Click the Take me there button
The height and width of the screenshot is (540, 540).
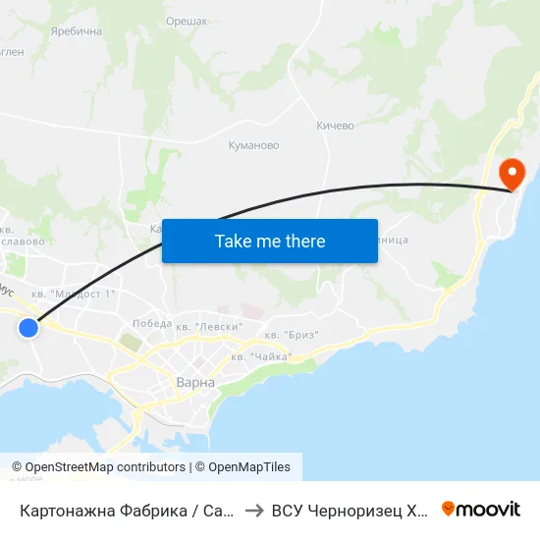pos(270,241)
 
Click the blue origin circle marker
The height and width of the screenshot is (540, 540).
pos(28,328)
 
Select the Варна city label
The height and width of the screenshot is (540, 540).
pos(195,382)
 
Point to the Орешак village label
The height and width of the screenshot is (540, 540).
pos(186,20)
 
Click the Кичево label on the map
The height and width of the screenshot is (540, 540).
pos(335,126)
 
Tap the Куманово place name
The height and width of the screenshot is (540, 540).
pos(253,145)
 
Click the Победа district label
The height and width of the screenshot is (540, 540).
pos(151,323)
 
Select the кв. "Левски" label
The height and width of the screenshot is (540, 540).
pos(209,325)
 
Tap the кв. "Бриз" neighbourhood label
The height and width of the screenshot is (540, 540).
pos(292,335)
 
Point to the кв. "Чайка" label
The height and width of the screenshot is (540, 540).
pos(261,356)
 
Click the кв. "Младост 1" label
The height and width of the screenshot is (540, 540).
pos(74,293)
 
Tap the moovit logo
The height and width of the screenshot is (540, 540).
pos(481,509)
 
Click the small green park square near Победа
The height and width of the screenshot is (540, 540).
pos(130,342)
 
